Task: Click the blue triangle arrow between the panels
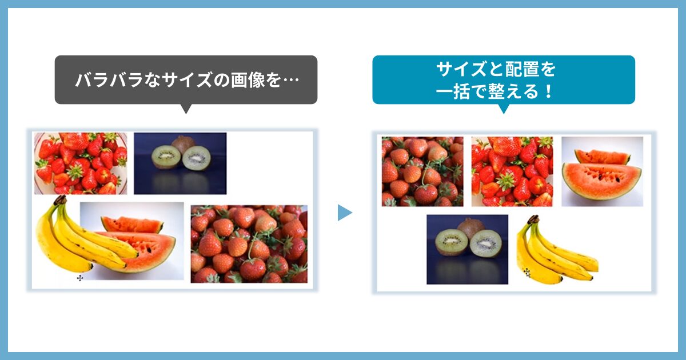tap(344, 213)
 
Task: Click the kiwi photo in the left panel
tap(180, 163)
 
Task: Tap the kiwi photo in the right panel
tap(467, 249)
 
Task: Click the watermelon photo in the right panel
tap(602, 171)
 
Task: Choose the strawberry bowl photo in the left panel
tap(80, 163)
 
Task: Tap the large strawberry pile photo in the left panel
tap(249, 244)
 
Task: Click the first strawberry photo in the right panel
tap(422, 171)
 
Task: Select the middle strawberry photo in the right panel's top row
tap(512, 171)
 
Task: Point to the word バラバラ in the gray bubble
tap(109, 80)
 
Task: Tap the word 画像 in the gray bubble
tap(248, 80)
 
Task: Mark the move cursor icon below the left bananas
tap(80, 278)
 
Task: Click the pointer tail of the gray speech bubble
tap(185, 108)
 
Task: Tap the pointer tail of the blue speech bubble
tap(503, 108)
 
